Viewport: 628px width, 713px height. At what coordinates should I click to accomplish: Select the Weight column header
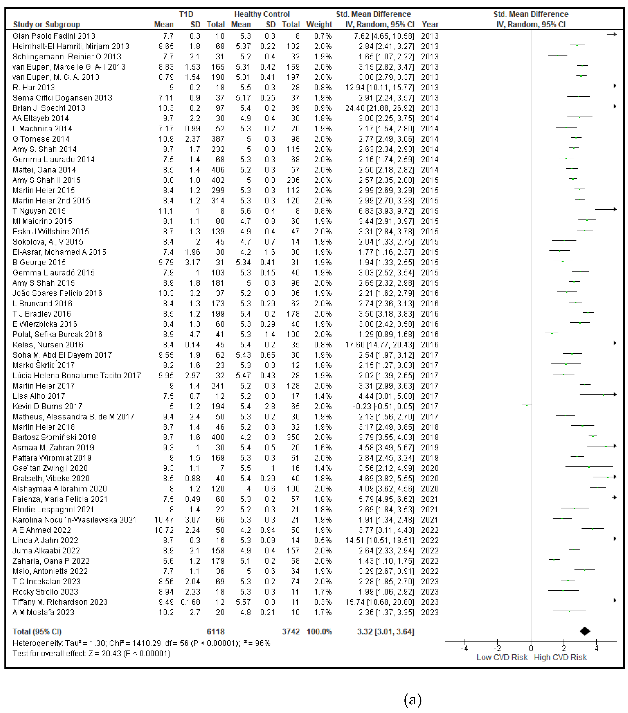click(x=319, y=24)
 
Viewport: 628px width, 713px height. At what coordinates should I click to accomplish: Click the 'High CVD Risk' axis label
click(x=560, y=657)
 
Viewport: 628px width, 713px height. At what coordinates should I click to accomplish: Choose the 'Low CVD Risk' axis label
click(x=502, y=657)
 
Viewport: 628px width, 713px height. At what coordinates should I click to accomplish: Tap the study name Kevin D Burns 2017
click(x=47, y=406)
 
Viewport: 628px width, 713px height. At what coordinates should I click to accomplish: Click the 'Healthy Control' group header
click(x=262, y=14)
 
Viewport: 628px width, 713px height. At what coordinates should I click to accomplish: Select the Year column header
click(x=430, y=24)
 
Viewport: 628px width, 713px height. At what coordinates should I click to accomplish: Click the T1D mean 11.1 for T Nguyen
click(x=166, y=211)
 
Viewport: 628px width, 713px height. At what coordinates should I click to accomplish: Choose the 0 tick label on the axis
click(x=531, y=648)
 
